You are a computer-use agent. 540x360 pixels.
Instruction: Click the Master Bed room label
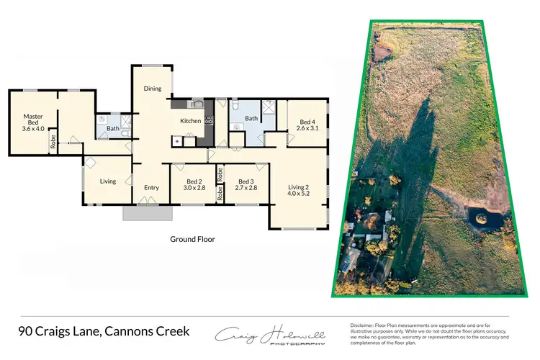pos(33,119)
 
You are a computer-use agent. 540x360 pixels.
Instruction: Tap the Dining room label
pos(153,89)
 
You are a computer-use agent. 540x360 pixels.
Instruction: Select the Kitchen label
pos(191,121)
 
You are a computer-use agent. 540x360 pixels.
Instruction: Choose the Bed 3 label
pos(246,181)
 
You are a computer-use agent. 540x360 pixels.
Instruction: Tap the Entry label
pos(151,188)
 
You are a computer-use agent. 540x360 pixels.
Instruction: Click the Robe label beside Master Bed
pos(53,142)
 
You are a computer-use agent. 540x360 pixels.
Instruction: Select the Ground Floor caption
pos(192,239)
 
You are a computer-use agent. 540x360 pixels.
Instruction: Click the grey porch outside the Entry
pos(148,213)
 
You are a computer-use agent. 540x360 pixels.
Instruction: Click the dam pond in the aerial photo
pos(480,217)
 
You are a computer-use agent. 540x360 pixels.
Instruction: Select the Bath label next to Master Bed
pos(113,129)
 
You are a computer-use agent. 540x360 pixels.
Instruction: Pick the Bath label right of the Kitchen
pos(251,119)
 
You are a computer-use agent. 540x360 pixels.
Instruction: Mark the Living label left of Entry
pos(108,181)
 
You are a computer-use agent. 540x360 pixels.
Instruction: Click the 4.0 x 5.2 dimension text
pos(298,196)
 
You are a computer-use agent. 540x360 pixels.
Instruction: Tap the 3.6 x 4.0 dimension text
pos(33,129)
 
